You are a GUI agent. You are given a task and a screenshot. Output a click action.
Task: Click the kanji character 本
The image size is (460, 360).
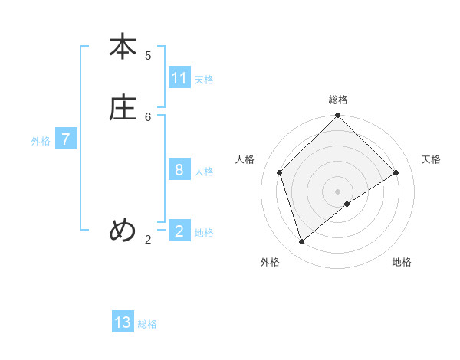[123, 47]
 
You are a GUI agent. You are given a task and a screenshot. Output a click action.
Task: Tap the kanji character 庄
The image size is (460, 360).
[123, 108]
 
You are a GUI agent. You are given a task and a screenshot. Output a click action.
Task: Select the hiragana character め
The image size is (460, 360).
[123, 229]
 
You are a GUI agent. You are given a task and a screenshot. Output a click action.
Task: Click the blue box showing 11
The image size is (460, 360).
[179, 78]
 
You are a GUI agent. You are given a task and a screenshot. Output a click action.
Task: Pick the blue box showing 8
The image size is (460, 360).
[179, 170]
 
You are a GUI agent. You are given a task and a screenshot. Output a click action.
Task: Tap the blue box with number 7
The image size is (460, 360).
[66, 139]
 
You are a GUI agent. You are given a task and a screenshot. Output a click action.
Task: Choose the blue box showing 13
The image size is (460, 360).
[123, 322]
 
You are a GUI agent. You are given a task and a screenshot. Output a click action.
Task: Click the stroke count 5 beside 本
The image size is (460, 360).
[148, 55]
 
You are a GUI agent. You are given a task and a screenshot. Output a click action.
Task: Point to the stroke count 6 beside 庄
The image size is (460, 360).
[148, 116]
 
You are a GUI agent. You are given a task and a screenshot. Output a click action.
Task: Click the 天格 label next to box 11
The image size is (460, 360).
[204, 79]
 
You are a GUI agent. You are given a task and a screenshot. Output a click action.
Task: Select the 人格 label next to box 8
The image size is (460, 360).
[204, 171]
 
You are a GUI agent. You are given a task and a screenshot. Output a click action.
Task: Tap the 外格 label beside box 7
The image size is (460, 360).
[41, 140]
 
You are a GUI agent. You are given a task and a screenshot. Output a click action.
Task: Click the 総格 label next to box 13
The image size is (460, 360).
[147, 323]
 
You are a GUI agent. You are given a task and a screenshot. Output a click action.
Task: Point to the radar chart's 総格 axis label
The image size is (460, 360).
[338, 100]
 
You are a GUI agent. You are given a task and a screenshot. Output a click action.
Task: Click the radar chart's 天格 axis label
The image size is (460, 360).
[432, 159]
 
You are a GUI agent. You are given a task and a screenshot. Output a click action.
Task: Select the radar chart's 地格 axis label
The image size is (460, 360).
[402, 262]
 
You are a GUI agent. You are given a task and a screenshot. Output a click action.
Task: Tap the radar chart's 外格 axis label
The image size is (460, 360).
[270, 262]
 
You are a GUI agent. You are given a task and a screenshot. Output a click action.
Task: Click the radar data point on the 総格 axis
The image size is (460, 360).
[338, 116]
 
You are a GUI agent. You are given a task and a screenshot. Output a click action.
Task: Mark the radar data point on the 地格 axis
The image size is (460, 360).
[347, 204]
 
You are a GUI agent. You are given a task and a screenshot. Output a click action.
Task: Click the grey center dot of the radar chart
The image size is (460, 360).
[338, 191]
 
